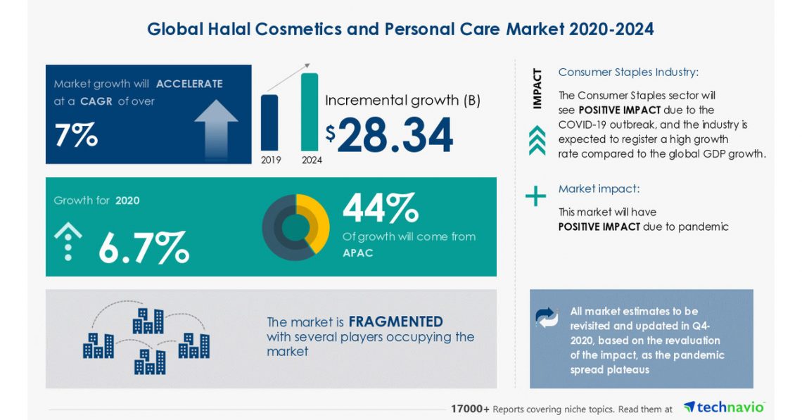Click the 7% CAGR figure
click(75, 135)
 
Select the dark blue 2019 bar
click(269, 122)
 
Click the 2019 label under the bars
click(271, 160)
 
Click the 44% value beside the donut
click(380, 208)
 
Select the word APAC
click(357, 253)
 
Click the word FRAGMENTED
click(395, 322)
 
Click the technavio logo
click(724, 408)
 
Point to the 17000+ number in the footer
click(470, 409)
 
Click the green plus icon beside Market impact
click(536, 196)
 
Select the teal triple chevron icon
click(537, 139)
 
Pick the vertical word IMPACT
click(537, 88)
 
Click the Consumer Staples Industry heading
click(628, 72)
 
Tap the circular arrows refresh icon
click(546, 317)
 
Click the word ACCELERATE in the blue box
click(189, 84)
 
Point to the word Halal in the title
click(262, 29)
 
